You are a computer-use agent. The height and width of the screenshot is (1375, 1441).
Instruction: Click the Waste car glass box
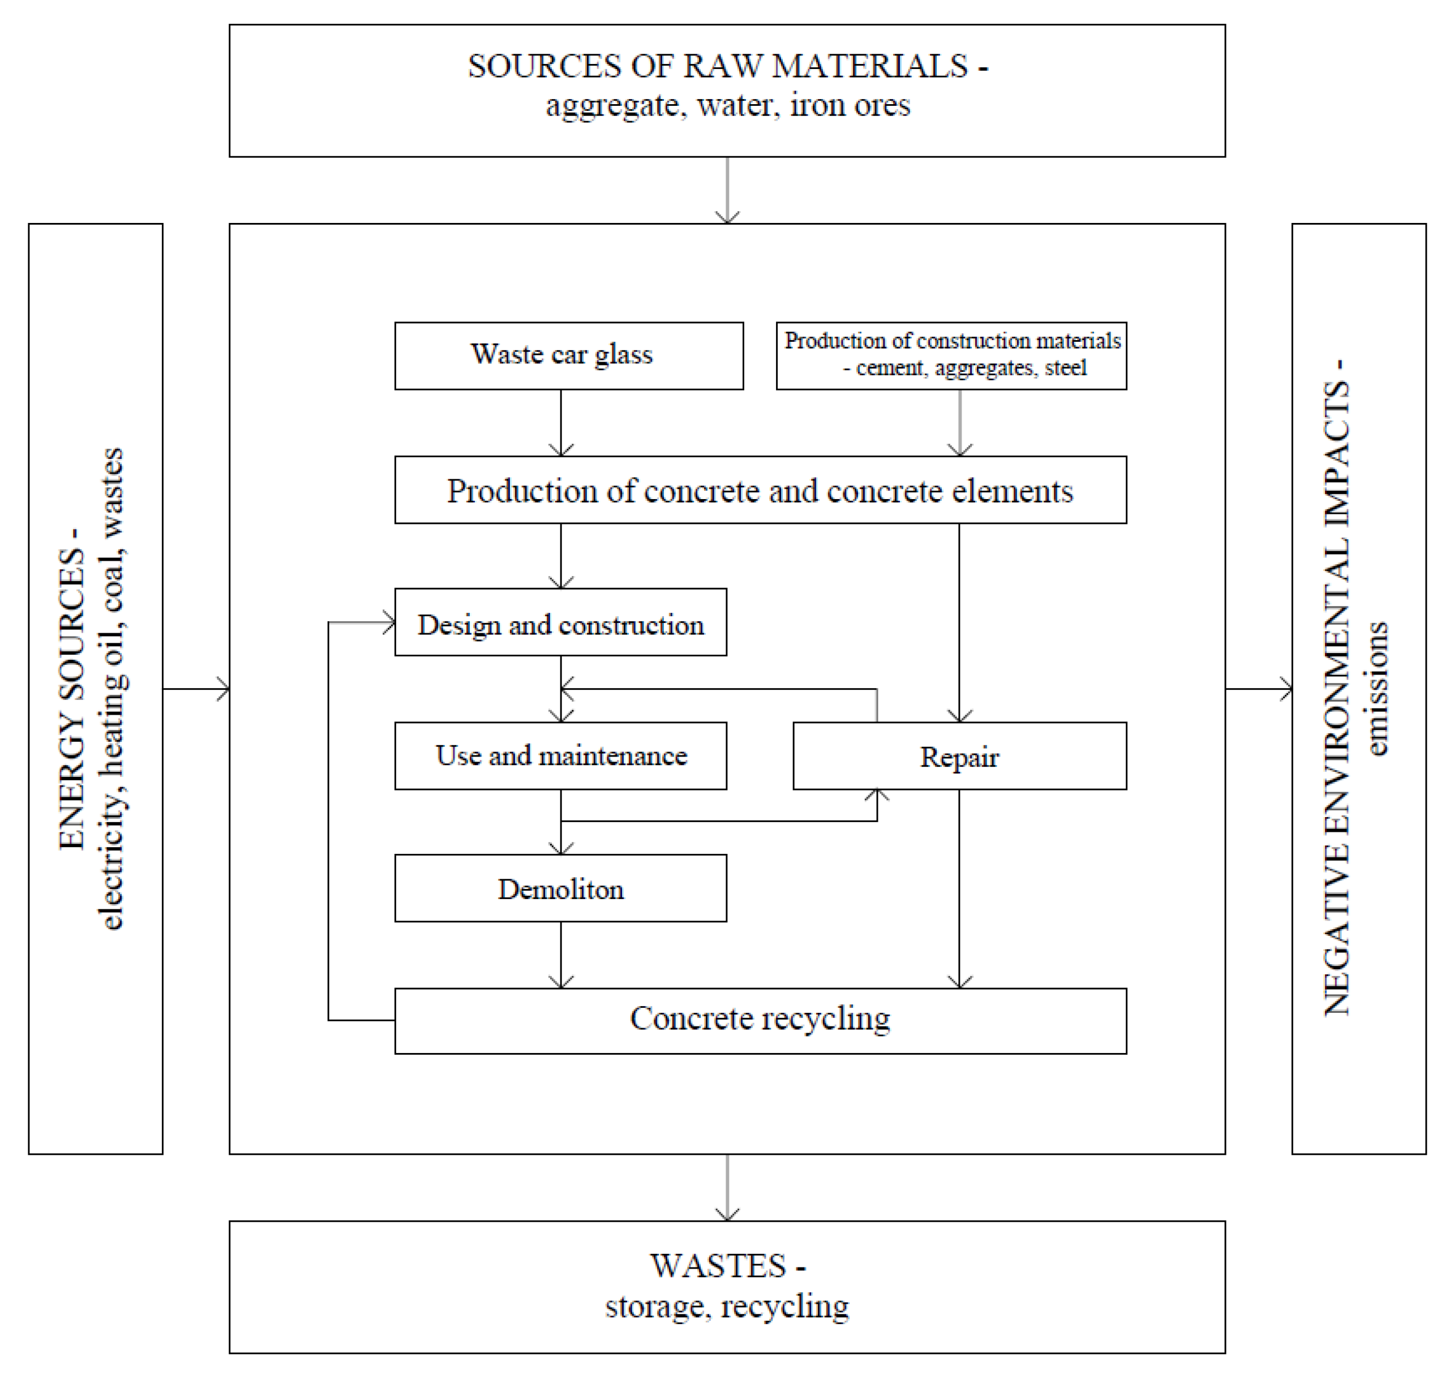568,355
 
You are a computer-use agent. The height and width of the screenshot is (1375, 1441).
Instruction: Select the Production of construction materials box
951,355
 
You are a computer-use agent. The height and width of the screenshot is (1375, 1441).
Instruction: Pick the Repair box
959,755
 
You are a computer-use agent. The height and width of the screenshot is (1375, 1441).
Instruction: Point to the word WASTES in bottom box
718,1266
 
